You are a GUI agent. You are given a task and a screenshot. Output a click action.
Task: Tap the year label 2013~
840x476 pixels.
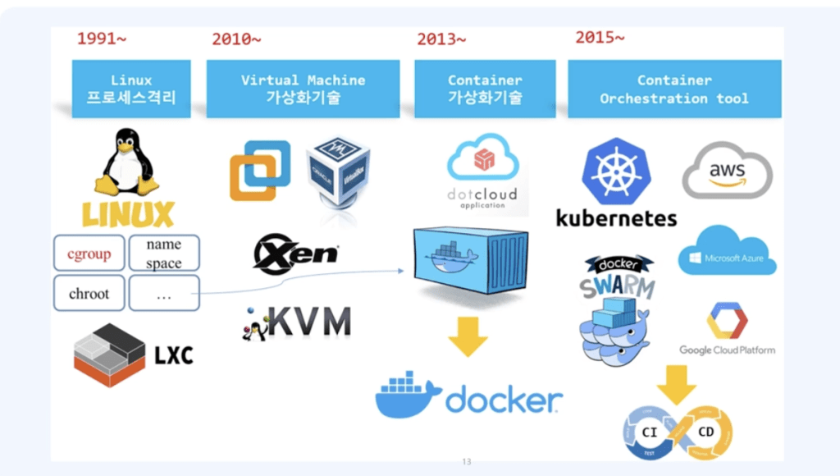441,39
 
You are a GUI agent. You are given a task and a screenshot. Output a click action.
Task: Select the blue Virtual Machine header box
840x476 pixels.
303,89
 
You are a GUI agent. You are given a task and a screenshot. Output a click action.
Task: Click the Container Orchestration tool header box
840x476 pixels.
674,89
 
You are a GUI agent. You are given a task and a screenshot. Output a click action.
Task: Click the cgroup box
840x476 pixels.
89,254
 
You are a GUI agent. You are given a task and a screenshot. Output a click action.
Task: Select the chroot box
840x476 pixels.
89,293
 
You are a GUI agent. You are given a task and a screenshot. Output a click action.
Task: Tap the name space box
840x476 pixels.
164,254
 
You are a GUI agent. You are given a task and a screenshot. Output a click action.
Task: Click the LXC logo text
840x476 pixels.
173,355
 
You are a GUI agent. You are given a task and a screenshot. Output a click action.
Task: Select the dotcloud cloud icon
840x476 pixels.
482,159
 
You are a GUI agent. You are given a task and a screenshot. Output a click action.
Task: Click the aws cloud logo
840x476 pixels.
727,171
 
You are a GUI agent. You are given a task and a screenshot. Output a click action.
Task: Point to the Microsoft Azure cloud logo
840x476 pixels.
727,250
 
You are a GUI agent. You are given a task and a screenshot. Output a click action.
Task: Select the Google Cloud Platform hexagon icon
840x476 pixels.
726,320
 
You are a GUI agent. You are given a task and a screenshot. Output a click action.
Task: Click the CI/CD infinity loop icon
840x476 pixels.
678,429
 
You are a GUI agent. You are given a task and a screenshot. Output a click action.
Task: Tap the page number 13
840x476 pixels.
467,462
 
